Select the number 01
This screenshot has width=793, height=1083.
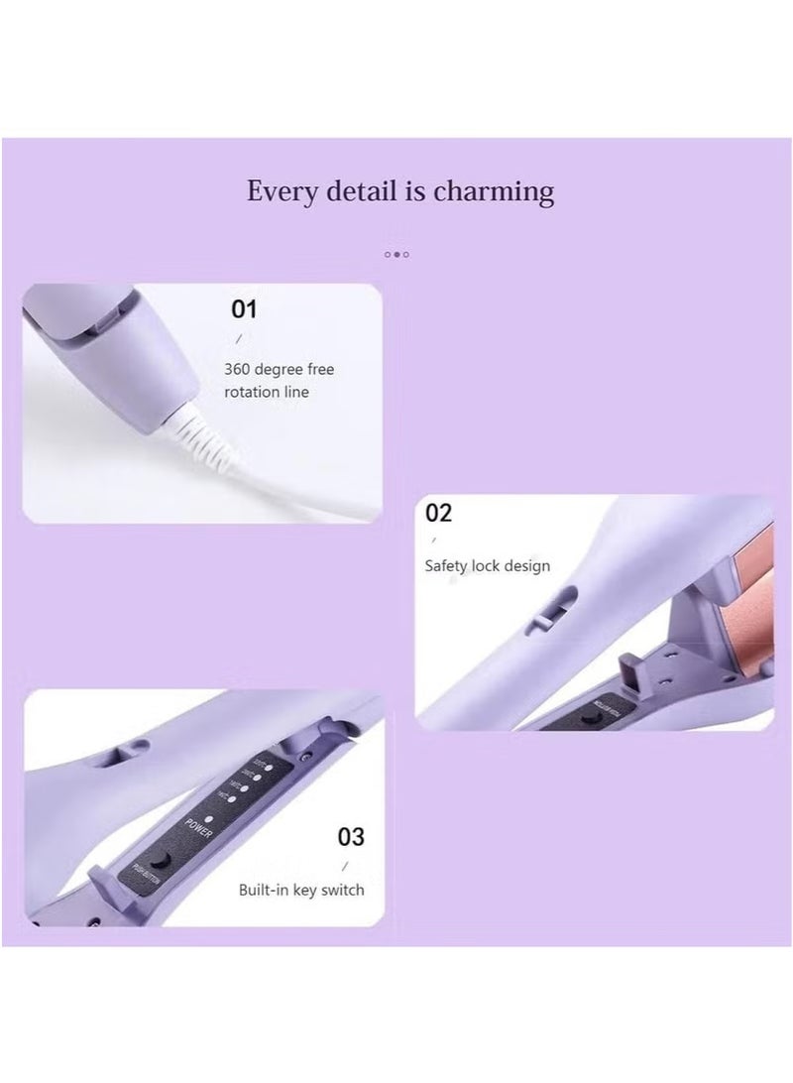244,309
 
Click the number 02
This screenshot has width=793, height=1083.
438,513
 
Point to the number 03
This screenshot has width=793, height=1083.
352,837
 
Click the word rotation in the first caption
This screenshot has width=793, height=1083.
253,392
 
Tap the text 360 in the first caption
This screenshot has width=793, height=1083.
238,369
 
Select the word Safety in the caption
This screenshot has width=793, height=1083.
446,566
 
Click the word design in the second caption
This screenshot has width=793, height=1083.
527,565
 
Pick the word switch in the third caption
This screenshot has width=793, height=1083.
343,890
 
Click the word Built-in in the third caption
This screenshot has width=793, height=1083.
267,890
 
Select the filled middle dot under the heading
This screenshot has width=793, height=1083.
396,255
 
